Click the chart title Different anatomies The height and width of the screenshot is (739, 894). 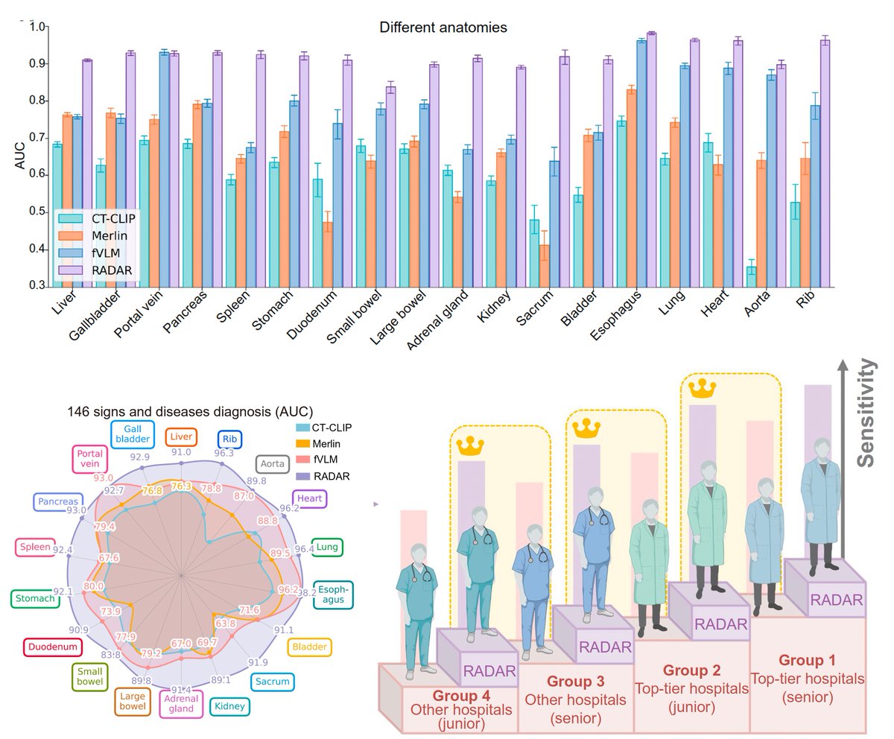(x=443, y=28)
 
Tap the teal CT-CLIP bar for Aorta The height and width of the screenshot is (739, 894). (x=751, y=276)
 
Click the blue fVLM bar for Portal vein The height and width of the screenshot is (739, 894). (x=164, y=170)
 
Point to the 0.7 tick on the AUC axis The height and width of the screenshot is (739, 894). (x=37, y=138)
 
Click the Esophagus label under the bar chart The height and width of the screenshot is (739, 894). (x=615, y=315)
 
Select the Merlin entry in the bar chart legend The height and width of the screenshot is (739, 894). (x=110, y=236)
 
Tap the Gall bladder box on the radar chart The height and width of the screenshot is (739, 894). (x=133, y=434)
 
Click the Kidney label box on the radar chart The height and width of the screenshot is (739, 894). (x=229, y=706)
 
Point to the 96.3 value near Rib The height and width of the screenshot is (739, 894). (x=224, y=453)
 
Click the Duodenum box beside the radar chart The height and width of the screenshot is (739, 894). (x=53, y=647)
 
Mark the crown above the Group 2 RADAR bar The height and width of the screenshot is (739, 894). (x=703, y=388)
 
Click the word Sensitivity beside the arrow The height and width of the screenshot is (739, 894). (x=866, y=413)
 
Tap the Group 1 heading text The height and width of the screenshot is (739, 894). (x=807, y=660)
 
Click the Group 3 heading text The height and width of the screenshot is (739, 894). (x=575, y=681)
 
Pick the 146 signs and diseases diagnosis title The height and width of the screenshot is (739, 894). (x=190, y=411)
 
